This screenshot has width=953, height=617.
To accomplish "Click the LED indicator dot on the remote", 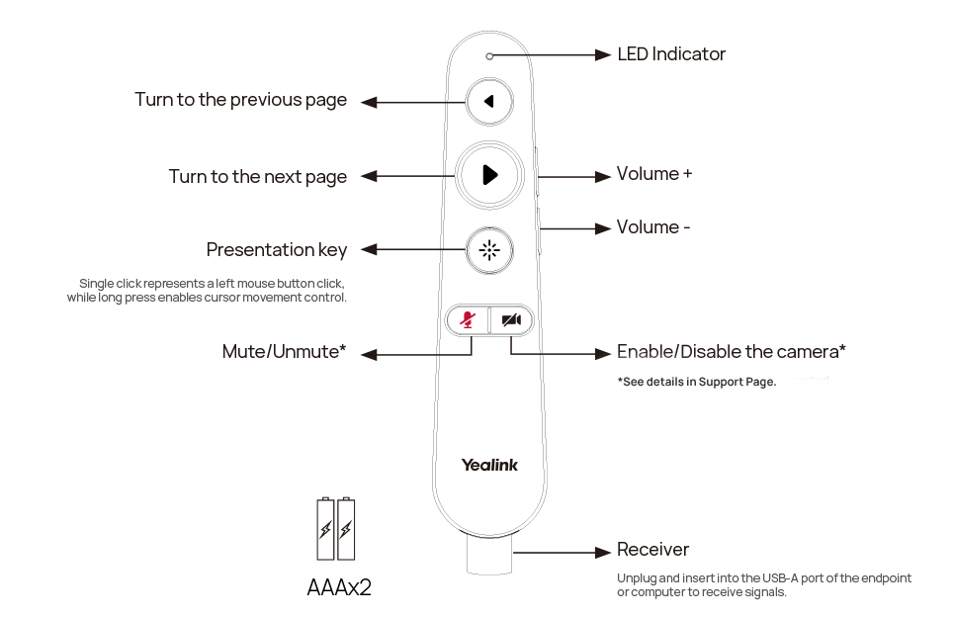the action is pos(489,56).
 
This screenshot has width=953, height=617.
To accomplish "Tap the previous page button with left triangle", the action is pos(489,102).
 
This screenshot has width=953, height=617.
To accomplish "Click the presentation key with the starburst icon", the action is pos(489,250).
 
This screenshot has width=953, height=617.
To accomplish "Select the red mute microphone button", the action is pos(468,319).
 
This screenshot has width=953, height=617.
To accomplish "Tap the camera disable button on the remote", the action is pos(512,319).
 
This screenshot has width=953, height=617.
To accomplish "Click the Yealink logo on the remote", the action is pos(489,465).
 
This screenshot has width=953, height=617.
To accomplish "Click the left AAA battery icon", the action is pos(326,529).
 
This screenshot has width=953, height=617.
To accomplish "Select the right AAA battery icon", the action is pos(346,529).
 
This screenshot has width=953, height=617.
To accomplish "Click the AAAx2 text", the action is pos(339,587).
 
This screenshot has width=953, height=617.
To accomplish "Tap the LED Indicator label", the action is pos(671,54).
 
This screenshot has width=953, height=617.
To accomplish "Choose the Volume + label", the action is pos(654,174).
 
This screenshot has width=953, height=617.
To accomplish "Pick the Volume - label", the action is pos(652,227).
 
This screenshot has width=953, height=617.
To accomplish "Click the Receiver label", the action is pos(652,550).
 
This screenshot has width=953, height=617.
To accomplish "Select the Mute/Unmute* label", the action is pos(284,351).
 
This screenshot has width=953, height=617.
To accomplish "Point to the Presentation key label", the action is pos(277,250).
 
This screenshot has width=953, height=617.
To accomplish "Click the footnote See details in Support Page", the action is pos(697,382).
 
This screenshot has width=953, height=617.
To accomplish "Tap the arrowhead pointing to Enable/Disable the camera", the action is pos(603,353).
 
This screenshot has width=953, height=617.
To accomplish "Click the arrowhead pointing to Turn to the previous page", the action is pos(369,102).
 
